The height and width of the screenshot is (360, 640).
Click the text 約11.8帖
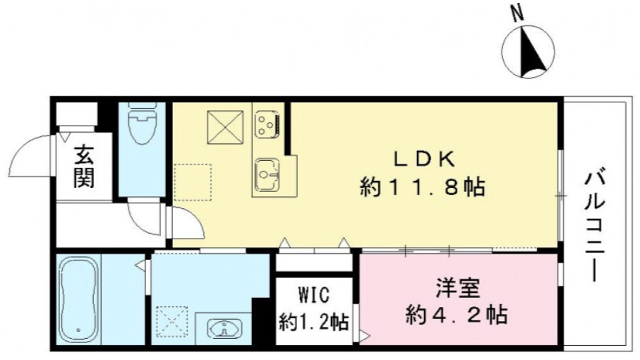[422, 187]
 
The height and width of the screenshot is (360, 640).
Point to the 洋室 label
[457, 289]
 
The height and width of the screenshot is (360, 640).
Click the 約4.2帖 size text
[457, 314]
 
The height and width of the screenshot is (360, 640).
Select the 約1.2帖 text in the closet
[313, 323]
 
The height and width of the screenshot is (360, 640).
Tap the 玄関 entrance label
[84, 167]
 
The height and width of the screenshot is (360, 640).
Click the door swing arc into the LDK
[185, 224]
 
